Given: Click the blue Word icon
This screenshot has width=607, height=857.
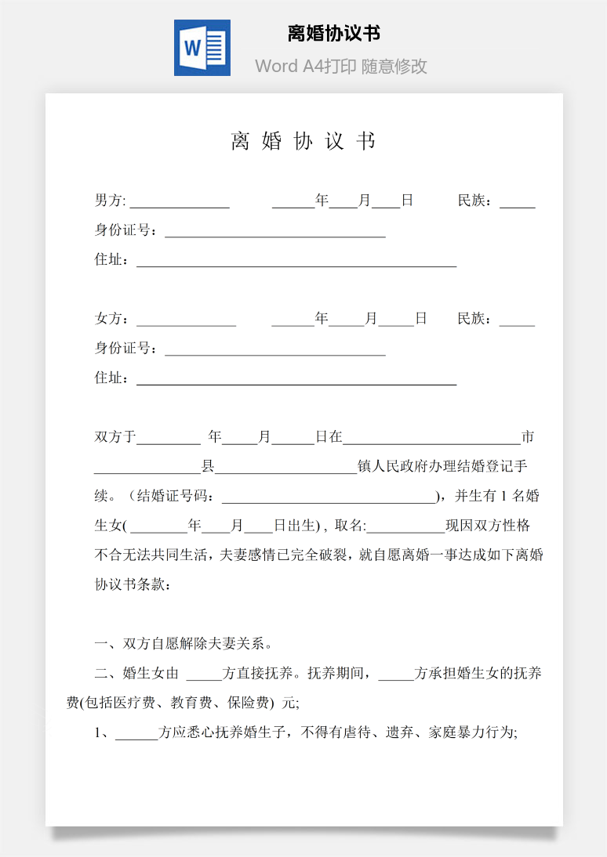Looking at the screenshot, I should pyautogui.click(x=202, y=48).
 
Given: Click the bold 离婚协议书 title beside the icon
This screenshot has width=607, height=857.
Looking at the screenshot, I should pyautogui.click(x=334, y=34).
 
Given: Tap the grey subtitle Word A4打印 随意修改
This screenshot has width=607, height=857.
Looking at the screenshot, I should pyautogui.click(x=340, y=67).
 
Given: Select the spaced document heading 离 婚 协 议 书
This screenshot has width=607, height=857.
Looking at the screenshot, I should pyautogui.click(x=303, y=141).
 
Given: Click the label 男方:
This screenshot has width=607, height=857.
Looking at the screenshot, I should pyautogui.click(x=110, y=201).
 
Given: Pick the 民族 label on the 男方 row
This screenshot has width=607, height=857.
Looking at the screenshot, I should pyautogui.click(x=475, y=201).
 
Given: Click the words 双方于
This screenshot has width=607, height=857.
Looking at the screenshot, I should pyautogui.click(x=115, y=437).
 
